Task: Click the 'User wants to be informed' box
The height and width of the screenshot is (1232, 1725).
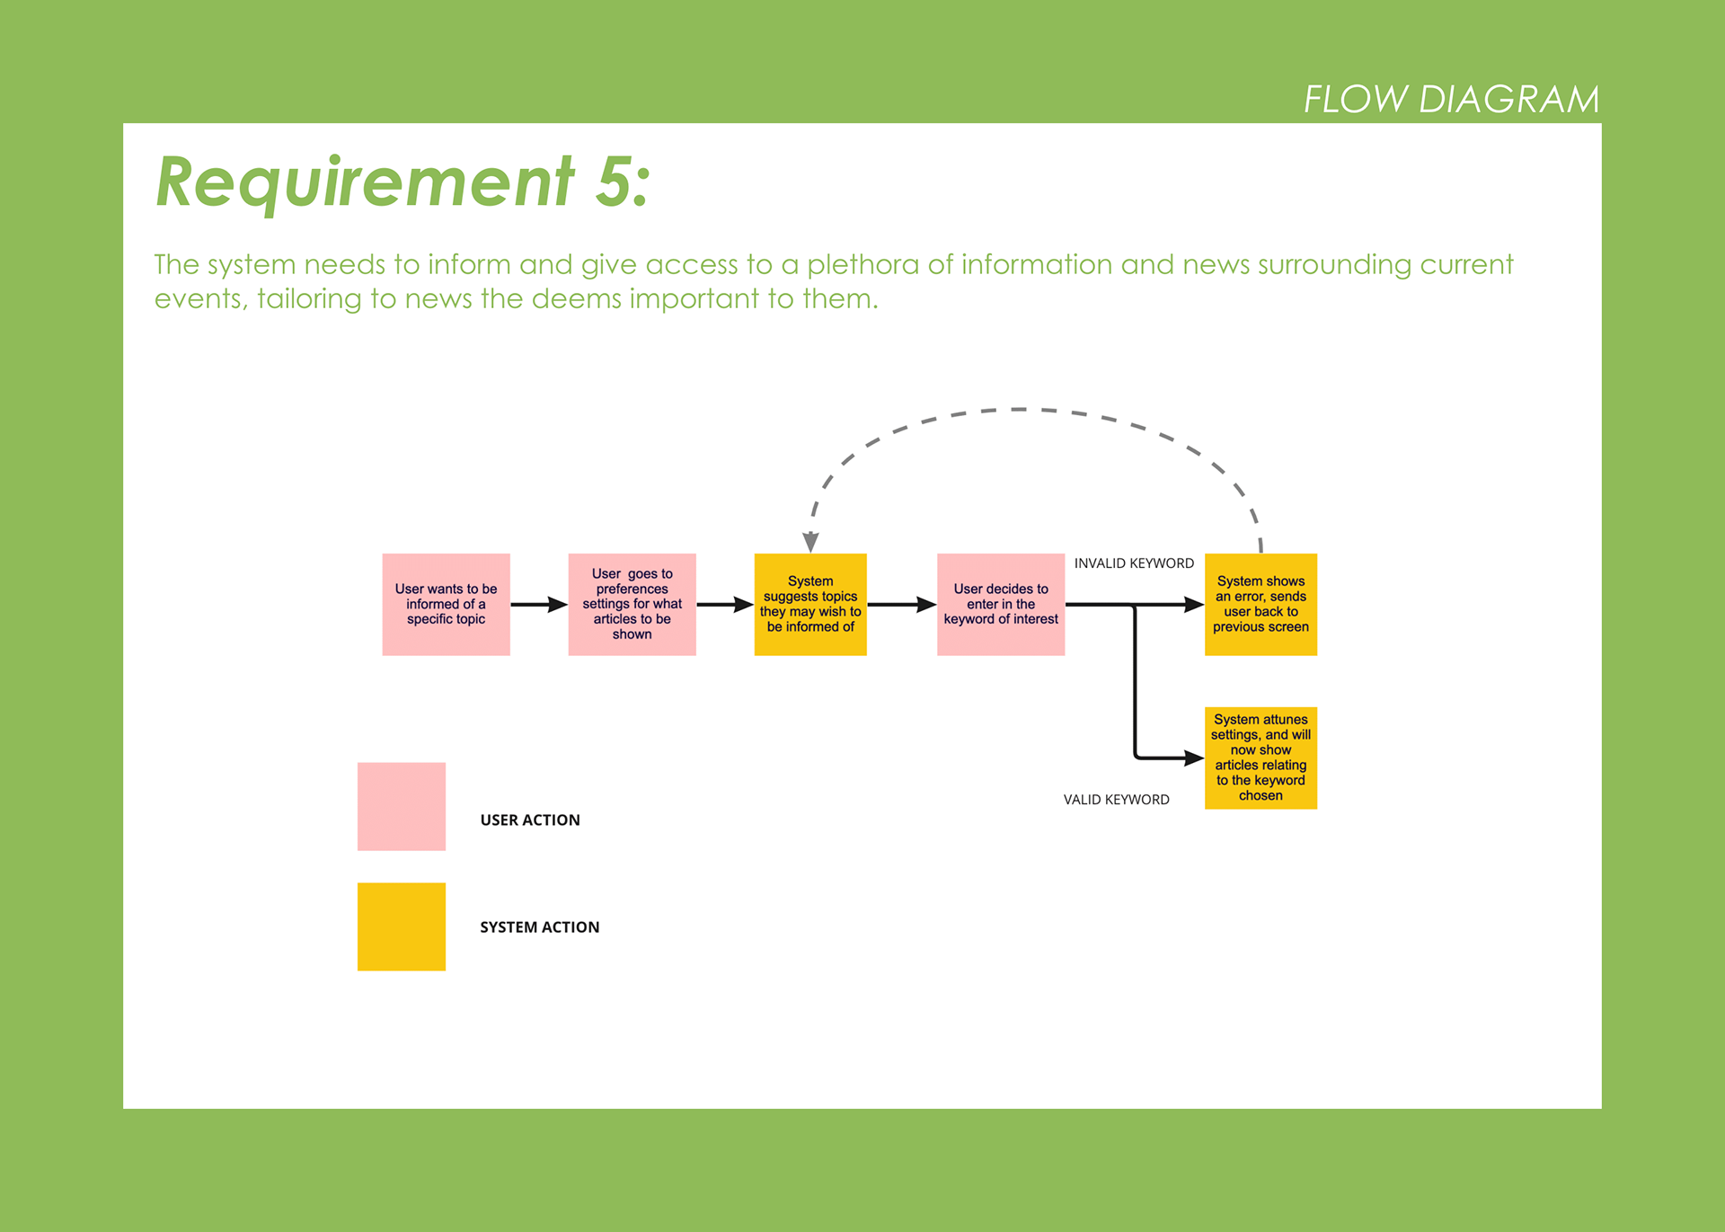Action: [x=446, y=604]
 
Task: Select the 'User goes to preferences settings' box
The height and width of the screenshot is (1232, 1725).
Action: [x=632, y=604]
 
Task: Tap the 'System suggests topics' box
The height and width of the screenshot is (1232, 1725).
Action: [x=810, y=604]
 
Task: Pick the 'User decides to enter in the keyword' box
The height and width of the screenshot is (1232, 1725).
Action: [x=1001, y=604]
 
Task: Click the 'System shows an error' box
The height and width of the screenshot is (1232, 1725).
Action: [x=1261, y=604]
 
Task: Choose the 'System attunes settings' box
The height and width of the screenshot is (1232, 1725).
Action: [x=1261, y=758]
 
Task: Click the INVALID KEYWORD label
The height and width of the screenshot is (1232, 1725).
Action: [x=1134, y=563]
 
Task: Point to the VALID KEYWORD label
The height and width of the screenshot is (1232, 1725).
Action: [x=1116, y=800]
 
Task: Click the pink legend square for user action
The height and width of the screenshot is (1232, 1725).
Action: [x=402, y=806]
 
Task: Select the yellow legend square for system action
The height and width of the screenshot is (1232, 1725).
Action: [x=402, y=926]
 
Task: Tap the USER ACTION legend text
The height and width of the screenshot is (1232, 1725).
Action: [x=530, y=820]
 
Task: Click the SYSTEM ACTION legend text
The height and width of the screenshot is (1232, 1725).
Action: [x=539, y=926]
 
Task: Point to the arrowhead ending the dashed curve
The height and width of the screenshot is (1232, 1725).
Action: [x=810, y=542]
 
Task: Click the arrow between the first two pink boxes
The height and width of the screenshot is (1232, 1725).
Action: [x=539, y=605]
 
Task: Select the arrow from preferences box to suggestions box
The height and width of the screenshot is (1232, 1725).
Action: [x=725, y=605]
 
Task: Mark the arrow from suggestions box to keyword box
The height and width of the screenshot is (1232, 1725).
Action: [x=902, y=605]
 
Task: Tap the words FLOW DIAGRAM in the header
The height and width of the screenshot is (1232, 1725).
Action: [x=1451, y=99]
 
